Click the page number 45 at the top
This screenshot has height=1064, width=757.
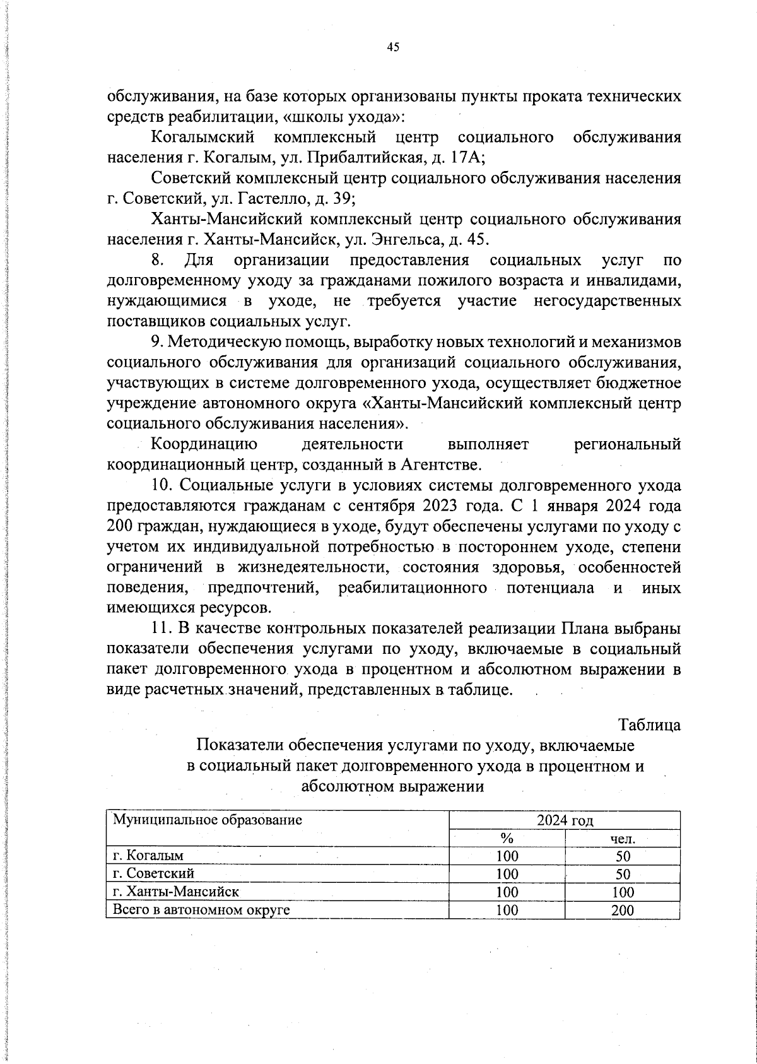point(393,47)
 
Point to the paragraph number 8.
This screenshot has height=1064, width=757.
point(158,260)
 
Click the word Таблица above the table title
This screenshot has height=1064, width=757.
point(650,724)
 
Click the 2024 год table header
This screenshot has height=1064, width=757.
point(565,820)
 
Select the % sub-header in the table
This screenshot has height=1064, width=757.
point(507,839)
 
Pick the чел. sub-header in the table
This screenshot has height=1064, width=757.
point(623,839)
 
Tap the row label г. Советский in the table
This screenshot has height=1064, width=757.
point(153,873)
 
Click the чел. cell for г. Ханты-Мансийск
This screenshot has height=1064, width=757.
point(623,892)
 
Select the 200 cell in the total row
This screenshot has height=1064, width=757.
point(623,910)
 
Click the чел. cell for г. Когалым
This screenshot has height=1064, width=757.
point(623,856)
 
